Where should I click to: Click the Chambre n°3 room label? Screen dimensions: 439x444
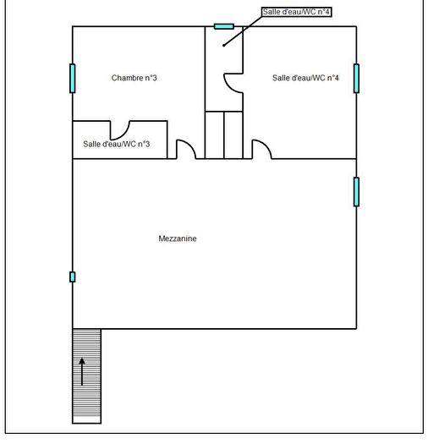coord(134,78)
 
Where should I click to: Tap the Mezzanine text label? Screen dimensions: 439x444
coord(178,238)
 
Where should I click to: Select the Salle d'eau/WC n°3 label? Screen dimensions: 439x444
coord(117,144)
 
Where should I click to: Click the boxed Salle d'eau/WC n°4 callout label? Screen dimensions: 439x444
coord(296,12)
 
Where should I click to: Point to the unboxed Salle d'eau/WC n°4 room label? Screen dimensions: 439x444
coord(305,78)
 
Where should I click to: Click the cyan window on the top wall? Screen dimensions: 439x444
coord(224,26)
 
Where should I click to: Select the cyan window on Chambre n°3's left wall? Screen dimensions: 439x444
coord(73,79)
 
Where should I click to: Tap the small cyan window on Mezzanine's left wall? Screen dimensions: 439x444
coord(73,277)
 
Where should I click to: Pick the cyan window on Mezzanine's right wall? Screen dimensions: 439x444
coord(356,192)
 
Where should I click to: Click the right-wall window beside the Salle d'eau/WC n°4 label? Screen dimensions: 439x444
coord(356,79)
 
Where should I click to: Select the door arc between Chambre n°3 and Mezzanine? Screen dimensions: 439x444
coord(189,145)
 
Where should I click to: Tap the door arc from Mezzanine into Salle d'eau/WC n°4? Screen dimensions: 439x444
coord(266,145)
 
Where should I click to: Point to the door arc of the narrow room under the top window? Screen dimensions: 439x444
coord(229,87)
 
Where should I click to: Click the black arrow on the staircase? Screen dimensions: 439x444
coord(82,371)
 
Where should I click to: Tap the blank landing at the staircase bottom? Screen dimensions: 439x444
coord(86,419)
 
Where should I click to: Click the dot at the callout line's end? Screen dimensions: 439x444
coord(224,46)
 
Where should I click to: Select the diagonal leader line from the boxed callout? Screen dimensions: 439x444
coord(243,30)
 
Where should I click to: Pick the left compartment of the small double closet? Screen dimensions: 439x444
coord(214,135)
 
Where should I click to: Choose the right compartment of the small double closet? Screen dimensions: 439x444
coord(233,135)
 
